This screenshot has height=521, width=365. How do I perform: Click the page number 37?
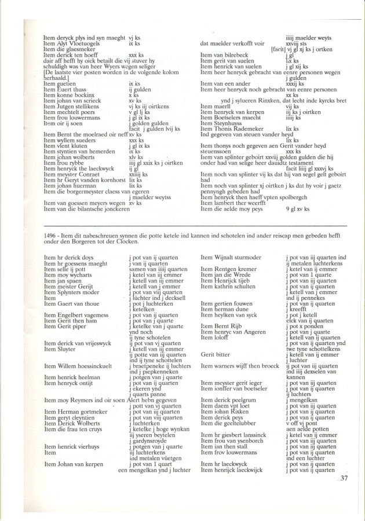(x=344, y=478)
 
